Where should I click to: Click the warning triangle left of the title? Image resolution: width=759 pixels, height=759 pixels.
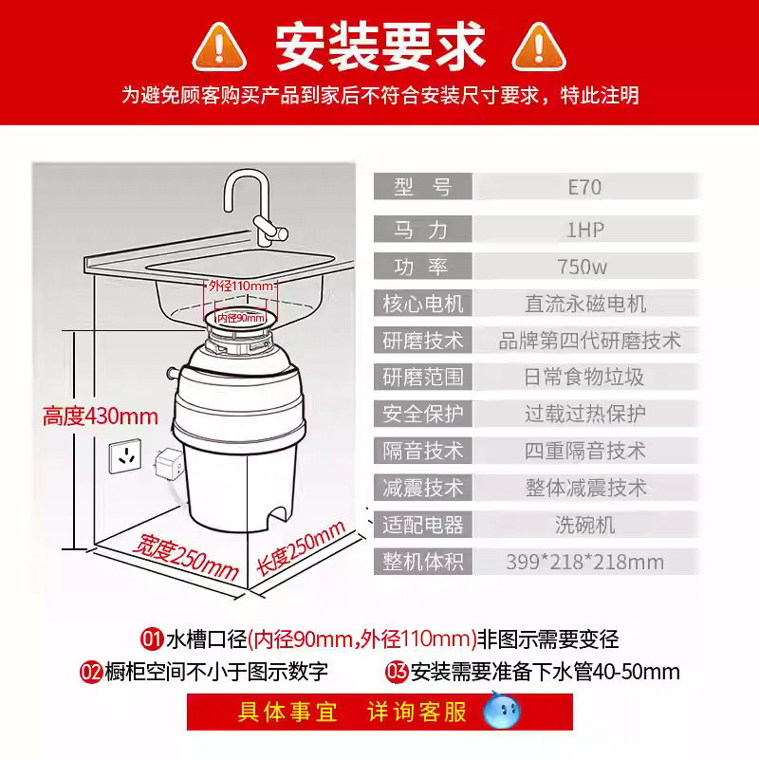tap(219, 47)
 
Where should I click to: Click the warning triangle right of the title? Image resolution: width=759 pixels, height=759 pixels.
tap(539, 47)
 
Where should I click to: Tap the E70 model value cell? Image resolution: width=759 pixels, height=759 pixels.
tap(585, 187)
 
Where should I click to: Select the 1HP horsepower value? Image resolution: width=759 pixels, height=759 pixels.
tap(585, 230)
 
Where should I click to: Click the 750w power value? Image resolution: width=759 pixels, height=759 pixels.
tap(583, 267)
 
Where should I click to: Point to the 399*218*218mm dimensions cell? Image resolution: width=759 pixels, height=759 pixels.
tap(585, 562)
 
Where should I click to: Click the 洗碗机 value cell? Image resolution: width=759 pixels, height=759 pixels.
tap(585, 525)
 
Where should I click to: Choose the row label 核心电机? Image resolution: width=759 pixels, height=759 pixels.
tap(423, 304)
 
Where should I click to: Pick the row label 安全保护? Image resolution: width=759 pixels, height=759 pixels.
tap(423, 414)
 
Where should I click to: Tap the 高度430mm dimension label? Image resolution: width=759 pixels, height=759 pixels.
tap(101, 417)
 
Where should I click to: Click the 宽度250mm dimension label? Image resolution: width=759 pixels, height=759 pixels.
tap(186, 557)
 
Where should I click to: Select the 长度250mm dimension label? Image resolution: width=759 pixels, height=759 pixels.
tap(301, 548)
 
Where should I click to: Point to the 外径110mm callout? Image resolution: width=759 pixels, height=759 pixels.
tap(241, 287)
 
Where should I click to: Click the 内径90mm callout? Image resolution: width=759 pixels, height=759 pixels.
tap(241, 318)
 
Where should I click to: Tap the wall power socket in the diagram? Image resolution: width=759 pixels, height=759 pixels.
tap(125, 456)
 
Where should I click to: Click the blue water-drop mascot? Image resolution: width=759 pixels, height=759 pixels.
tap(502, 711)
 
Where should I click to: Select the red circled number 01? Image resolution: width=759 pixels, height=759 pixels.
tap(152, 639)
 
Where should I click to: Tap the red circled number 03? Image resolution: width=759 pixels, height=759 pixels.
tap(397, 672)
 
